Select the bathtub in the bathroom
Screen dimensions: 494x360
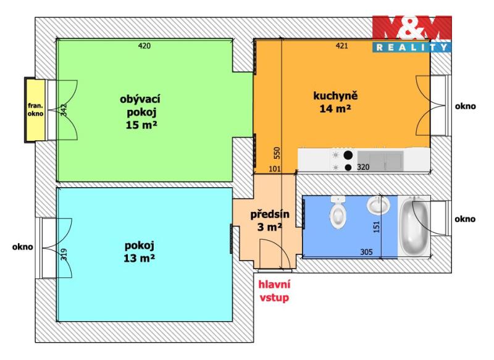pyautogui.click(x=414, y=225)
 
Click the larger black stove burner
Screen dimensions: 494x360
pyautogui.click(x=348, y=155)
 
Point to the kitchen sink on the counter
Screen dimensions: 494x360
pyautogui.click(x=380, y=160)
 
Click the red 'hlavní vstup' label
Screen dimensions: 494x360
pyautogui.click(x=274, y=291)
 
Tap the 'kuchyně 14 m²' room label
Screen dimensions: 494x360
pyautogui.click(x=335, y=102)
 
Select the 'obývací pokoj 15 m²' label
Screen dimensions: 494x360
pyautogui.click(x=141, y=112)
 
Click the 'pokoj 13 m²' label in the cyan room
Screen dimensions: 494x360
pyautogui.click(x=139, y=252)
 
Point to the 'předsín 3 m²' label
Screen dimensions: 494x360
pyautogui.click(x=270, y=220)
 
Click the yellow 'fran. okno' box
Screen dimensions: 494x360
pyautogui.click(x=35, y=110)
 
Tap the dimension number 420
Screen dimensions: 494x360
pyautogui.click(x=144, y=46)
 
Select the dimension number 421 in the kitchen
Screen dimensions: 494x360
pyautogui.click(x=342, y=46)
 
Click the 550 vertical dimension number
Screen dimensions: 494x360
pyautogui.click(x=277, y=153)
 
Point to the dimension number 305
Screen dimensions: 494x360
pyautogui.click(x=366, y=252)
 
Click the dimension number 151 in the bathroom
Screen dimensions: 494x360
pyautogui.click(x=377, y=227)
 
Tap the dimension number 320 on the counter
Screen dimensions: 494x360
pyautogui.click(x=363, y=167)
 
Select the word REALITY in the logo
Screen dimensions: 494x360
pyautogui.click(x=412, y=48)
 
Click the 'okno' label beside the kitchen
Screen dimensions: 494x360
pyautogui.click(x=466, y=106)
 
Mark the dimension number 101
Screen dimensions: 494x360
pyautogui.click(x=274, y=169)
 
